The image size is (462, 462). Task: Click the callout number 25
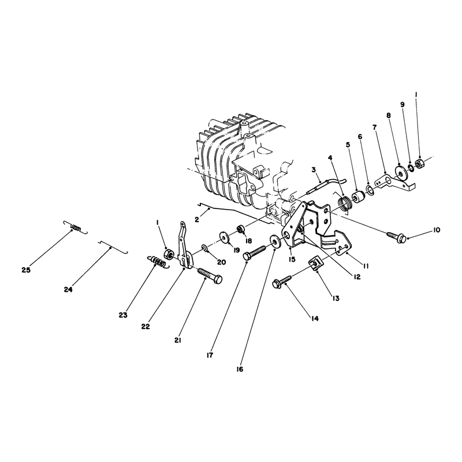pos(26,270)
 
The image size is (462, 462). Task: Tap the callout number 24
pos(68,290)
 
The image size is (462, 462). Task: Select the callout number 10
pos(437,230)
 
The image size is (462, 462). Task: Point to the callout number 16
pos(240,370)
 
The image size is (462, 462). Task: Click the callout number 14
pos(315,319)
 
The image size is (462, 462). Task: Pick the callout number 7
pos(374,128)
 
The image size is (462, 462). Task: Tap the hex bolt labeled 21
pos(210,275)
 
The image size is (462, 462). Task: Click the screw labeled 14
pos(282,281)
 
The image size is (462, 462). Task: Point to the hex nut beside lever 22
pos(169,254)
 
